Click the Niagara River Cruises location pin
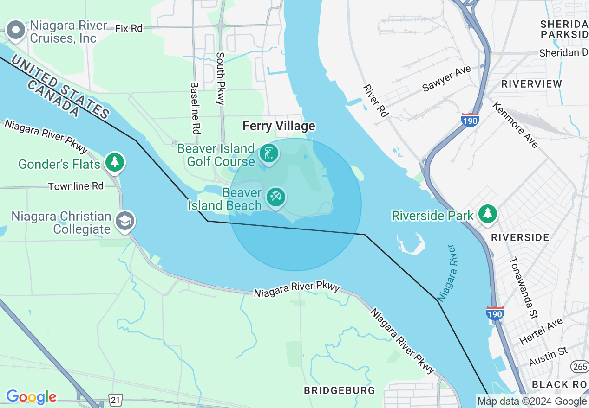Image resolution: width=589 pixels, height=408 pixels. coord(16,31)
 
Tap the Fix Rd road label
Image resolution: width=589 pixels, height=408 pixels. coord(129,28)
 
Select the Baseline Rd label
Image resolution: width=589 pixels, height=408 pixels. coord(195,108)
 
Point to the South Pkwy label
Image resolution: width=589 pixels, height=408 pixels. coord(220,78)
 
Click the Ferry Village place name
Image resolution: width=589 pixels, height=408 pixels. coord(279,126)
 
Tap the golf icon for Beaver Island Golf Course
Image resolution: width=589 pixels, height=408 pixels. coord(268,153)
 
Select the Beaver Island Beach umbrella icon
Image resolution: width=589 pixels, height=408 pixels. coord(276,198)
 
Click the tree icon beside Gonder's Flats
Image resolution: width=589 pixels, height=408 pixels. coord(114,162)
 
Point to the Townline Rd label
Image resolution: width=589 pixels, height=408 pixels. coord(76,186)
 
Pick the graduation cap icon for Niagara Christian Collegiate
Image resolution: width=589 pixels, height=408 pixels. coord(125,221)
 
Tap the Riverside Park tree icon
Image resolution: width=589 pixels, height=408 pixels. coord(487,214)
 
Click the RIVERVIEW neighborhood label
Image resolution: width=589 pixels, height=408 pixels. coord(531,84)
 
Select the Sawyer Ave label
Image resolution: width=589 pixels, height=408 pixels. coord(446,78)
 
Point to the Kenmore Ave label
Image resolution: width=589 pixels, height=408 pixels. coord(515,125)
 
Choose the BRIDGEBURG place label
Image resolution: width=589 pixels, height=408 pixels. coord(339,390)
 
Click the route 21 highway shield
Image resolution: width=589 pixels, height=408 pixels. coord(116,399)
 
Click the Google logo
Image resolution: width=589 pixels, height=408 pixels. coord(31,397)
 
